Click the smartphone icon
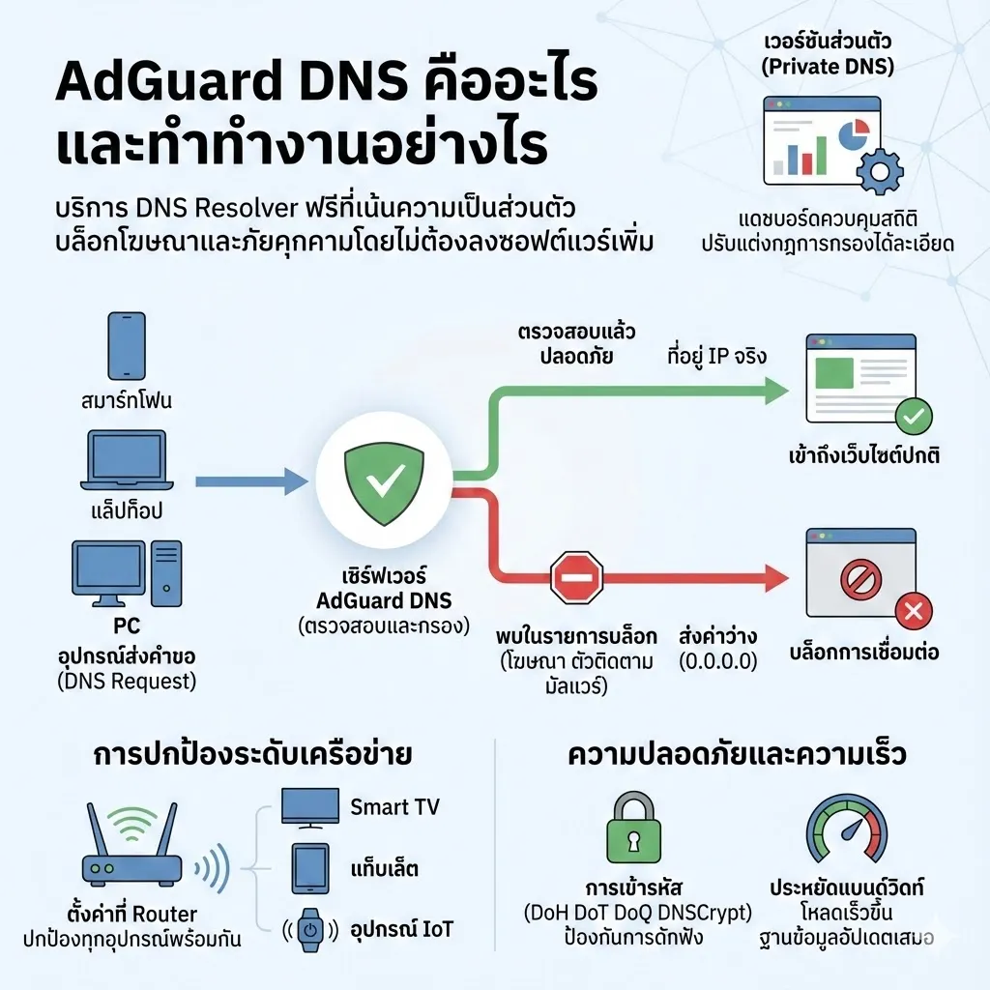(126, 344)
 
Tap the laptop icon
(127, 460)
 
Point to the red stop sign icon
(576, 579)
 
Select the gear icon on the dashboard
(879, 172)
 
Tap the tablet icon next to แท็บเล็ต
(308, 868)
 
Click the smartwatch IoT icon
(308, 930)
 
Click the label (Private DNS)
(829, 67)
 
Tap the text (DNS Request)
(126, 682)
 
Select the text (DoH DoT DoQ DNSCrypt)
(637, 913)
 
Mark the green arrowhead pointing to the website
(774, 391)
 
